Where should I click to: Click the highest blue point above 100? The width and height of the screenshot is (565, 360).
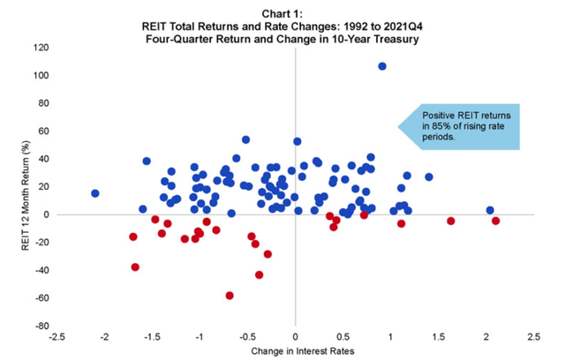click(x=382, y=66)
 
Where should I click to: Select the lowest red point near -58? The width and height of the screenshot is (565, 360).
click(x=230, y=296)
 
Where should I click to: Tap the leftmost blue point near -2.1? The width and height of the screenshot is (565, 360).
click(x=95, y=193)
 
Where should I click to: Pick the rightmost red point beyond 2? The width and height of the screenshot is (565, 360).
click(x=496, y=221)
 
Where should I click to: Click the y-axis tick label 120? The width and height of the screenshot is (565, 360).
click(x=41, y=48)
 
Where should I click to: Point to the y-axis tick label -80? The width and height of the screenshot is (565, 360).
click(x=41, y=326)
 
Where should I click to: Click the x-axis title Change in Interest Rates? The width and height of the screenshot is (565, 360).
click(x=296, y=352)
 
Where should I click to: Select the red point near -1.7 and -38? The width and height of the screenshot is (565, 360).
click(x=135, y=266)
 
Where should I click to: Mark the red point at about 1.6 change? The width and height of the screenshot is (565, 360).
click(x=451, y=221)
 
